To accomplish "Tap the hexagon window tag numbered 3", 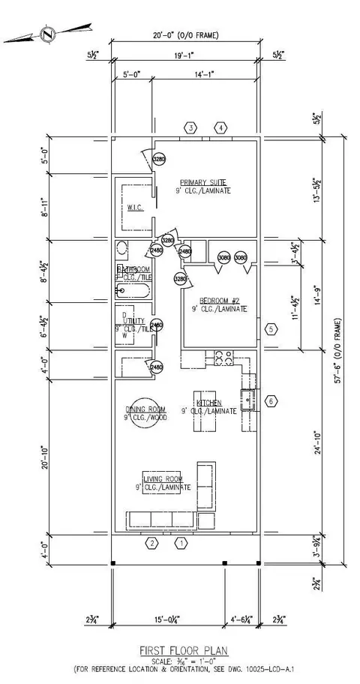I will click(x=191, y=128).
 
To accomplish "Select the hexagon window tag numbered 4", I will click(x=220, y=128).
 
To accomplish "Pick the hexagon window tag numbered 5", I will click(x=271, y=328).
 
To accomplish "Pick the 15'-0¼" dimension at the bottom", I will click(x=166, y=619).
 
